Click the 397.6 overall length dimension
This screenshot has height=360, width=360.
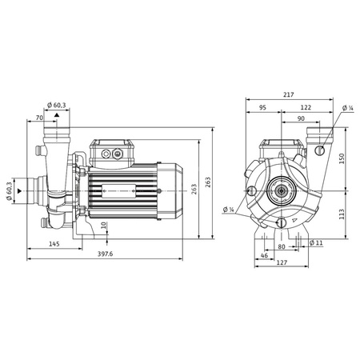(106, 254)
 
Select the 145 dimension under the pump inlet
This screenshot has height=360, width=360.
(54, 243)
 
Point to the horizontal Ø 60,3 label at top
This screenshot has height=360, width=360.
(58, 105)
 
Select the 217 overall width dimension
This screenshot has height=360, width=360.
(287, 95)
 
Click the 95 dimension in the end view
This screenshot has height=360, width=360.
(262, 106)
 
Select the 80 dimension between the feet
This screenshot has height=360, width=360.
(281, 246)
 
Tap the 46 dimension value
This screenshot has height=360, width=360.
(265, 254)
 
